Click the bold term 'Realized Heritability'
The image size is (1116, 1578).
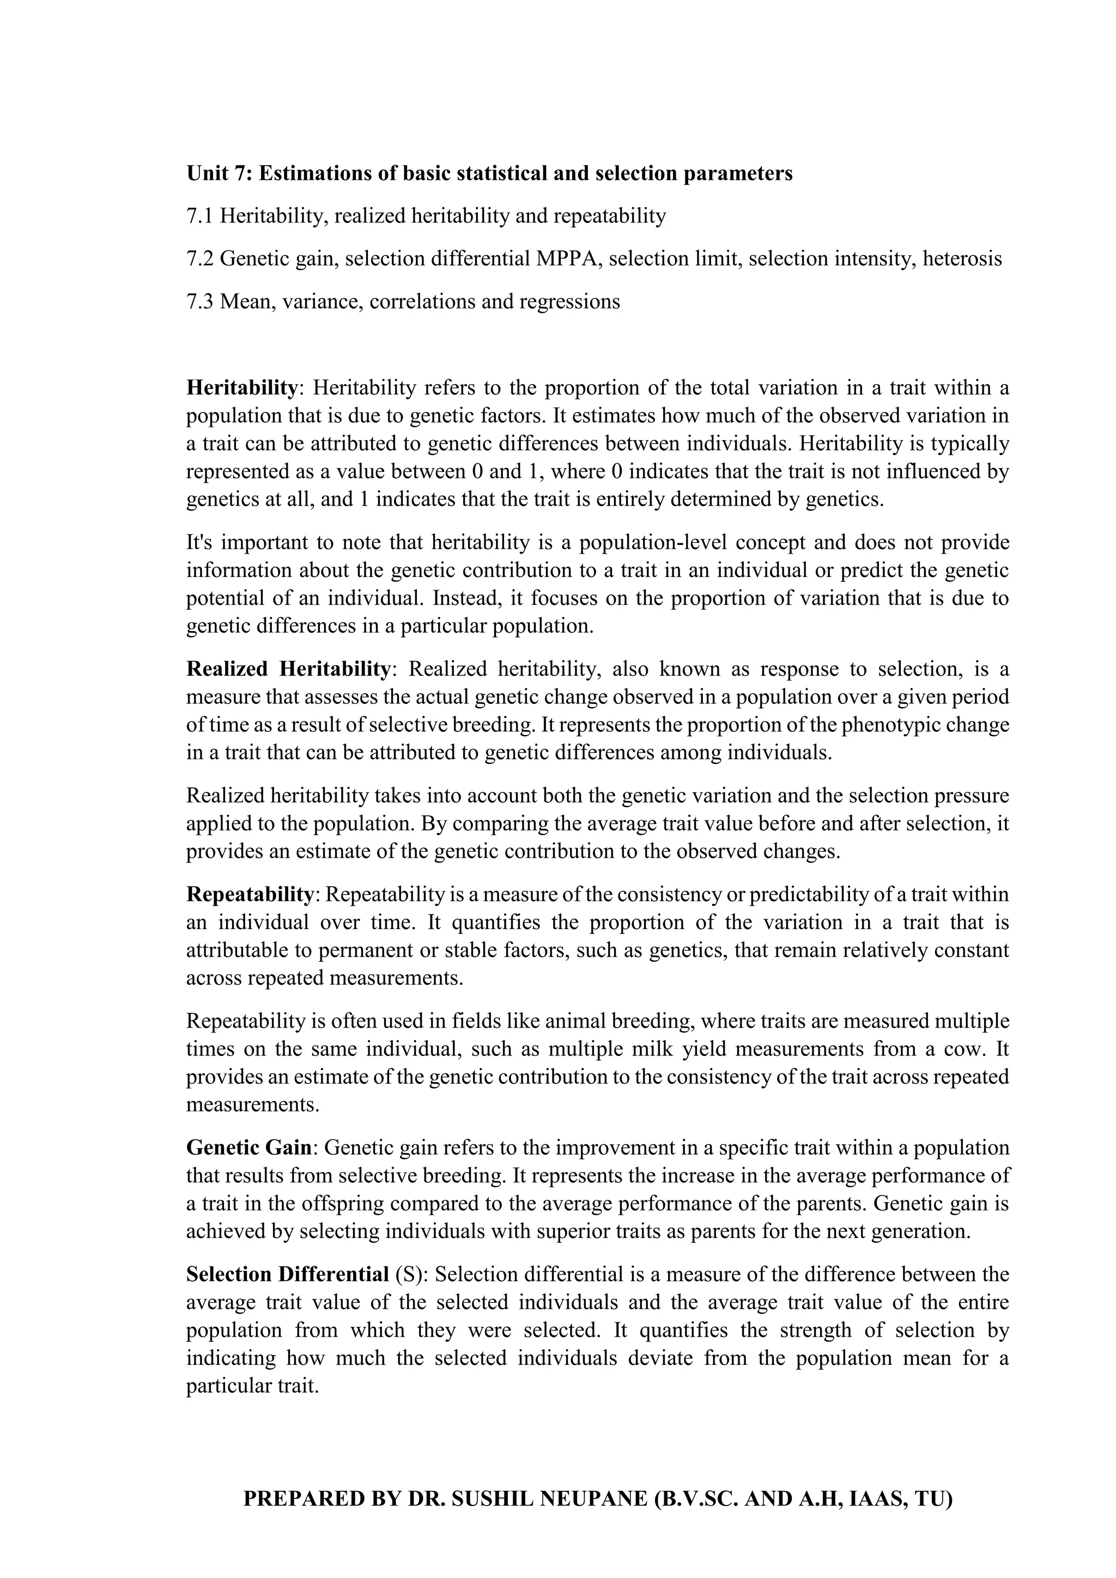point(288,669)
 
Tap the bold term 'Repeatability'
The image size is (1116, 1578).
point(250,895)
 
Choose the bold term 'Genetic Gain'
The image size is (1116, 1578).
point(249,1148)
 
